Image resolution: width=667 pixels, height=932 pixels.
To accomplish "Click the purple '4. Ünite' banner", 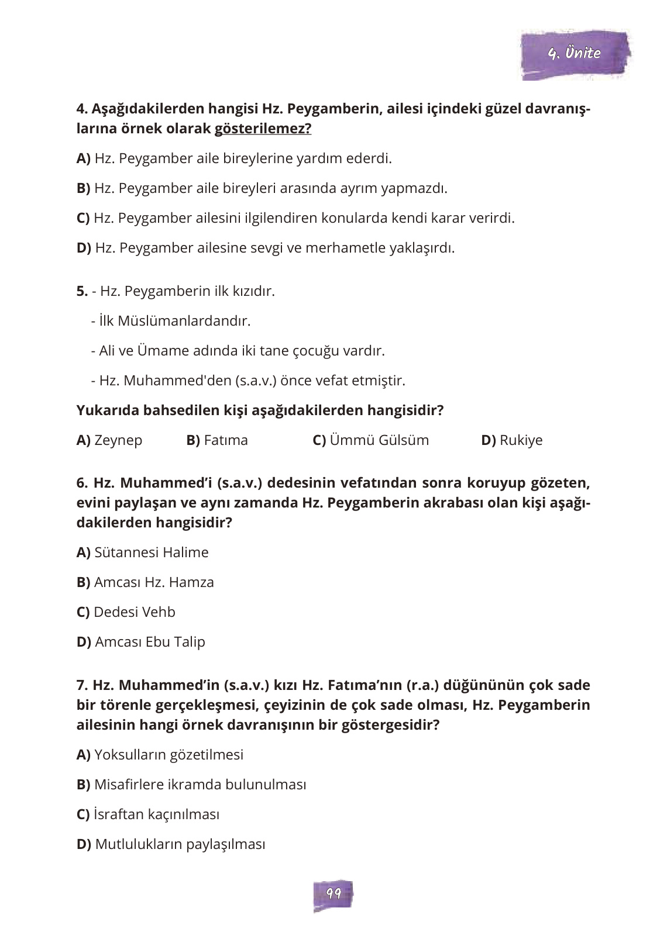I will click(x=575, y=54).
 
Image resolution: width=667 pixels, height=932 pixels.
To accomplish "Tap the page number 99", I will click(x=333, y=893).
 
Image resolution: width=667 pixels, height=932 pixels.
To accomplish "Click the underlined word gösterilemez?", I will click(x=263, y=129).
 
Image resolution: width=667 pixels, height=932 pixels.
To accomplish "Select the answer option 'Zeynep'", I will click(x=118, y=440).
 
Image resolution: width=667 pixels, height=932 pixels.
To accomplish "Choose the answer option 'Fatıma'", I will click(x=225, y=440).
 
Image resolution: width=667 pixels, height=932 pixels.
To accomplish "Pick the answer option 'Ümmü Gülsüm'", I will click(x=379, y=440).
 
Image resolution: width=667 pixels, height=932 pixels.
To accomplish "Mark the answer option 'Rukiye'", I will click(x=521, y=440).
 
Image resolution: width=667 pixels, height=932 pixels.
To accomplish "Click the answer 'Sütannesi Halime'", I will click(x=151, y=553).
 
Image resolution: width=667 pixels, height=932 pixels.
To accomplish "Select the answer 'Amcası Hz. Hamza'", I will click(x=153, y=582).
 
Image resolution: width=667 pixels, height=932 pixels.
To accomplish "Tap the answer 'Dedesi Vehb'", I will click(x=134, y=612).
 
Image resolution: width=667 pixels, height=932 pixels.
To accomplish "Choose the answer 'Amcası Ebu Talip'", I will click(x=149, y=642).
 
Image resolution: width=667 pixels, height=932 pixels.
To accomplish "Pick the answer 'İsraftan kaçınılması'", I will click(x=156, y=814).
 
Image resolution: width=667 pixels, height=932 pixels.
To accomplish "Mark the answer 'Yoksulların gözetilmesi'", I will click(x=168, y=755).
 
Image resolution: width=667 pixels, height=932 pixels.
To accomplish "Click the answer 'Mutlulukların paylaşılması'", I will click(x=179, y=844).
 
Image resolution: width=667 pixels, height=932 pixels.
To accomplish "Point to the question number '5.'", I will click(x=82, y=291).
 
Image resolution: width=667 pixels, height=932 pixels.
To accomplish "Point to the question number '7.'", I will click(x=82, y=685).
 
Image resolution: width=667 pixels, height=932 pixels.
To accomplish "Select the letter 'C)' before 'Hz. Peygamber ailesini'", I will click(x=83, y=218).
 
